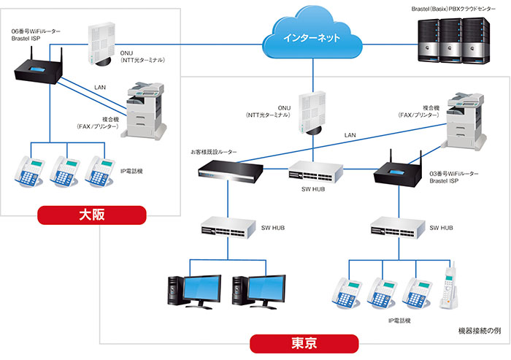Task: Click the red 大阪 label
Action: pyautogui.click(x=92, y=214)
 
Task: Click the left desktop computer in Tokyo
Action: pyautogui.click(x=194, y=289)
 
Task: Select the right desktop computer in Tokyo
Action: pyautogui.click(x=258, y=289)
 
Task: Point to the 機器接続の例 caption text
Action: pyautogui.click(x=479, y=331)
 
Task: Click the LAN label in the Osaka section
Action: pyautogui.click(x=101, y=88)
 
